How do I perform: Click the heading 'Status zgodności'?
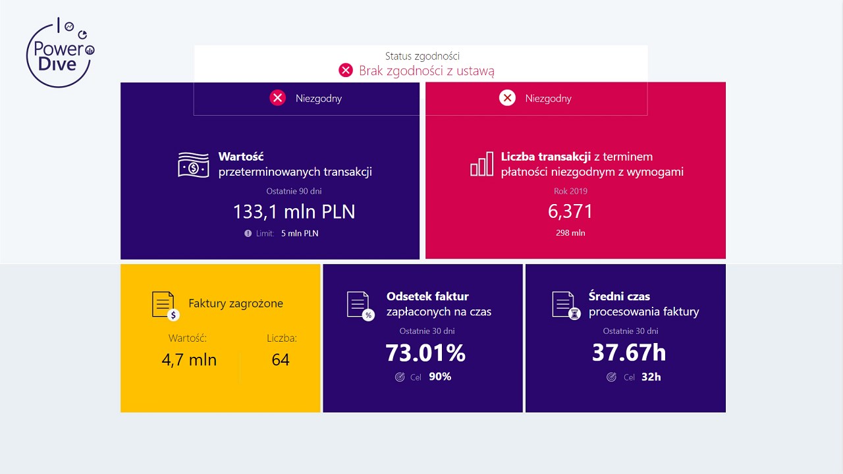[x=422, y=57]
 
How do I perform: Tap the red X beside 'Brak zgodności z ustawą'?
[x=346, y=70]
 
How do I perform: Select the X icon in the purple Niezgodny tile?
[x=278, y=98]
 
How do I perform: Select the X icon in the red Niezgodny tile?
[x=507, y=98]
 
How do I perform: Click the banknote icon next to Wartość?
[x=194, y=165]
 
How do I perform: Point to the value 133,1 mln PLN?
[x=294, y=211]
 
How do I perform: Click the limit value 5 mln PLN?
[x=300, y=233]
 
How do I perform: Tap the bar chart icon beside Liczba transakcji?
[x=481, y=164]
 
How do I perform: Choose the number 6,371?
[x=570, y=211]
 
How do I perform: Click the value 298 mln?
[x=570, y=233]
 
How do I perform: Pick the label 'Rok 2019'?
[x=570, y=192]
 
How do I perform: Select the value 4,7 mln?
[x=189, y=360]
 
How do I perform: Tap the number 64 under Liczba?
[x=281, y=360]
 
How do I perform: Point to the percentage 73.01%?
[x=425, y=354]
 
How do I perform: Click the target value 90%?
[x=440, y=377]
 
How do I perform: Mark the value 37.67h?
[x=629, y=354]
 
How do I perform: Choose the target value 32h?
[x=651, y=377]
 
